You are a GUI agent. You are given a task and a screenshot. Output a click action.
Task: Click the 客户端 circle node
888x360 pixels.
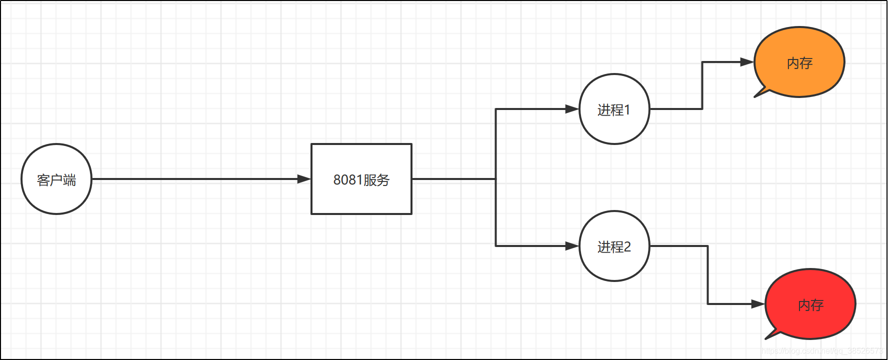[x=56, y=179]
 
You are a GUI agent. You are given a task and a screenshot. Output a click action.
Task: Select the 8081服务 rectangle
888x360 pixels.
[x=361, y=179]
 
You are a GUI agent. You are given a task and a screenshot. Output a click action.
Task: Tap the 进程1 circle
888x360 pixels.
[x=614, y=109]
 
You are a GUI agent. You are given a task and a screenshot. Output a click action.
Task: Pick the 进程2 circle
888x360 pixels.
[x=614, y=246]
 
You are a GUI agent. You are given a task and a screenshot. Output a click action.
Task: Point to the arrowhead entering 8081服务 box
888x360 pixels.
[x=304, y=179]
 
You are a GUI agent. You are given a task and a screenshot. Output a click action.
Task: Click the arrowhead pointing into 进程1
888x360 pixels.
[x=572, y=109]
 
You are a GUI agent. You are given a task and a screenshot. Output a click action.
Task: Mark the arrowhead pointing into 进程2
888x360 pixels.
[x=572, y=246]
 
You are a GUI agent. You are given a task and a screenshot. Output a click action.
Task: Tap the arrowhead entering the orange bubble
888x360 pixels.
[x=747, y=62]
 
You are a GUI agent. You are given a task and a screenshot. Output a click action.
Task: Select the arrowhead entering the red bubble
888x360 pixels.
[x=758, y=304]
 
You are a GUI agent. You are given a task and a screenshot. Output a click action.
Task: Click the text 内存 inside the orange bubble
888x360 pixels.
[x=799, y=63]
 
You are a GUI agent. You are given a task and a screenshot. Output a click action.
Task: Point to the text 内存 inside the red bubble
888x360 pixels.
[x=810, y=305]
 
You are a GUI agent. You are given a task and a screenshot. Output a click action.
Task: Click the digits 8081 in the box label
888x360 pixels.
[x=347, y=180]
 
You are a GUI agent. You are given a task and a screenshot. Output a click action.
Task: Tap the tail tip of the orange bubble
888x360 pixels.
[x=755, y=96]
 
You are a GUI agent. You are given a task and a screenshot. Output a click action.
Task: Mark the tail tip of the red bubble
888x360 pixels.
[x=766, y=338]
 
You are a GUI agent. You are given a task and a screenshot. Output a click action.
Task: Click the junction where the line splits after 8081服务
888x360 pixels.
[x=495, y=179]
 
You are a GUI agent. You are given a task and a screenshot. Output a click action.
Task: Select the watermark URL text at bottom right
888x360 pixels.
[x=822, y=351]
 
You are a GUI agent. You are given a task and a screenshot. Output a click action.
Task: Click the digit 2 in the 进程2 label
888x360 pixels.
[x=627, y=247]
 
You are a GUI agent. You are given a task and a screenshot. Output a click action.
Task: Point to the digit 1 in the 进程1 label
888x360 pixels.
[x=627, y=110]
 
